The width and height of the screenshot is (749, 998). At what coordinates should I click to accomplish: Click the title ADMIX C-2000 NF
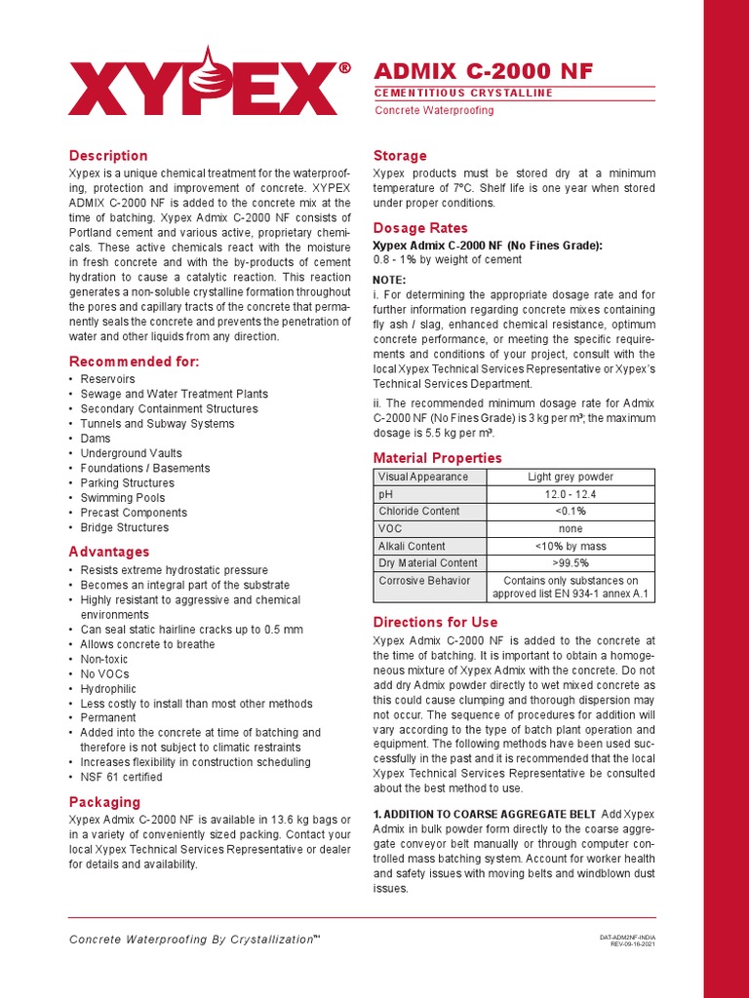click(483, 71)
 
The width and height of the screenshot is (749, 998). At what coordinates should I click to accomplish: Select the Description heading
click(108, 156)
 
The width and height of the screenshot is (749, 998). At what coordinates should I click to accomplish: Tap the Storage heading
click(401, 156)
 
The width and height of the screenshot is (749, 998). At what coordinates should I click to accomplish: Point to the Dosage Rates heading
click(421, 228)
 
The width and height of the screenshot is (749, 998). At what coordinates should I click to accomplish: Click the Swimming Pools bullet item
click(123, 498)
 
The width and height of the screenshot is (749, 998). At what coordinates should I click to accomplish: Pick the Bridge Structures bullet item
click(125, 528)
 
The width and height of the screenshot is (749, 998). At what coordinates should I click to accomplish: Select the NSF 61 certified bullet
click(121, 778)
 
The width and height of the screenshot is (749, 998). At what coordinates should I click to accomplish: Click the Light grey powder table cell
click(571, 478)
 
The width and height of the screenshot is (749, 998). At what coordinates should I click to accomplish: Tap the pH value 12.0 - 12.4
click(571, 495)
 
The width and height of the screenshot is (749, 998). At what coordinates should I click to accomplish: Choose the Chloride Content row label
click(419, 512)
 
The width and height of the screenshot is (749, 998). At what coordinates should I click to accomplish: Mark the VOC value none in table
click(571, 529)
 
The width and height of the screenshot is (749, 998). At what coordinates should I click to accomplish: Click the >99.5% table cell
click(571, 563)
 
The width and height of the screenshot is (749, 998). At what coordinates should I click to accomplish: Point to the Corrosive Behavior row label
click(424, 581)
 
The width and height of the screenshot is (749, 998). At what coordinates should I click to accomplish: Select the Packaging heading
click(104, 802)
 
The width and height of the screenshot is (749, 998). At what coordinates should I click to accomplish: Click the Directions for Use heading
click(436, 622)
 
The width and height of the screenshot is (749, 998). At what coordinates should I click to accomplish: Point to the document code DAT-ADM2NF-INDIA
click(626, 938)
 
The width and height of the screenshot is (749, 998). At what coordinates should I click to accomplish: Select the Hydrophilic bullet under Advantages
click(109, 689)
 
